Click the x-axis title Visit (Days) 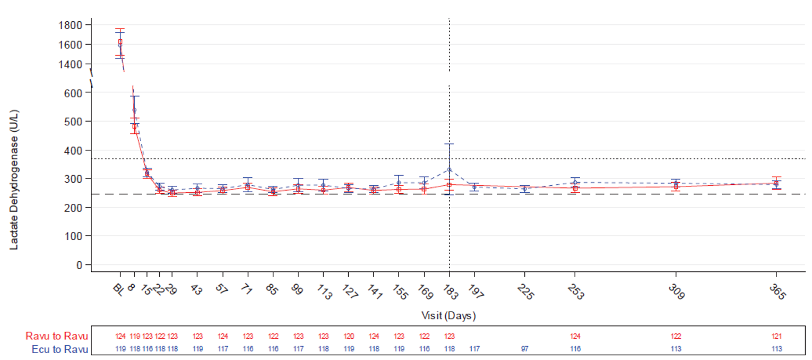point(448,316)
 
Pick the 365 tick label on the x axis point(777,293)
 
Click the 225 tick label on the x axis point(525,293)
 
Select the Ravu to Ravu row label point(57,336)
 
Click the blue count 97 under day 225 point(525,349)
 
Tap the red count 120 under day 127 point(348,336)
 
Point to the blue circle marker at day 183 point(450,170)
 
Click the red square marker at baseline point(120,42)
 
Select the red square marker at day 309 point(676,186)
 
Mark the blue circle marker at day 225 point(525,188)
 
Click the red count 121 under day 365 point(776,336)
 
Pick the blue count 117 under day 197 point(474,349)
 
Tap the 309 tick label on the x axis point(676,293)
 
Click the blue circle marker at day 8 point(134,110)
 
